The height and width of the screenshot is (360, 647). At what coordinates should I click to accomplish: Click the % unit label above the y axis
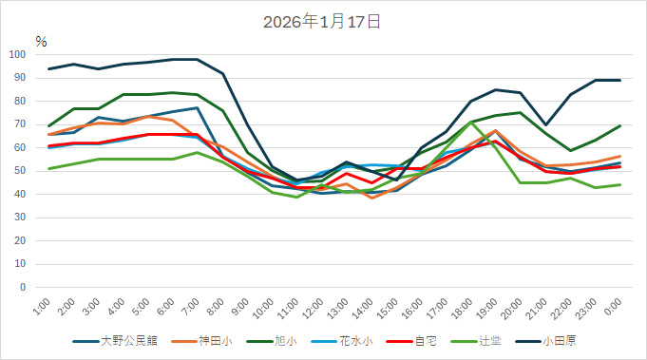click(41, 41)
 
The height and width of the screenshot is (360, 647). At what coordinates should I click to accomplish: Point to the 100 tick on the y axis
click(18, 54)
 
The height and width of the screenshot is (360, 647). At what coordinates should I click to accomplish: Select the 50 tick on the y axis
click(21, 171)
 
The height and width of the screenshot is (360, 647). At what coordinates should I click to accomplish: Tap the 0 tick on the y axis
click(24, 287)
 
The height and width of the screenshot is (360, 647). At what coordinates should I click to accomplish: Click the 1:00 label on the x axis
click(42, 306)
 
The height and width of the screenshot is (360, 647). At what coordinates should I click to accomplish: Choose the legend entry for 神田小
click(215, 340)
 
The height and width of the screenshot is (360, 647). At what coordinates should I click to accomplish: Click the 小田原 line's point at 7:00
click(198, 59)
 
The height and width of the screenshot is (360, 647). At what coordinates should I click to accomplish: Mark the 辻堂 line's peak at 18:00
click(471, 122)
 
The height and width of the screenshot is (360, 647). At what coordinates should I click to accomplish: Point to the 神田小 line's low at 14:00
click(371, 198)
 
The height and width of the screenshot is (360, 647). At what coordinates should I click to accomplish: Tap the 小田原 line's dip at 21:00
click(545, 124)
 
